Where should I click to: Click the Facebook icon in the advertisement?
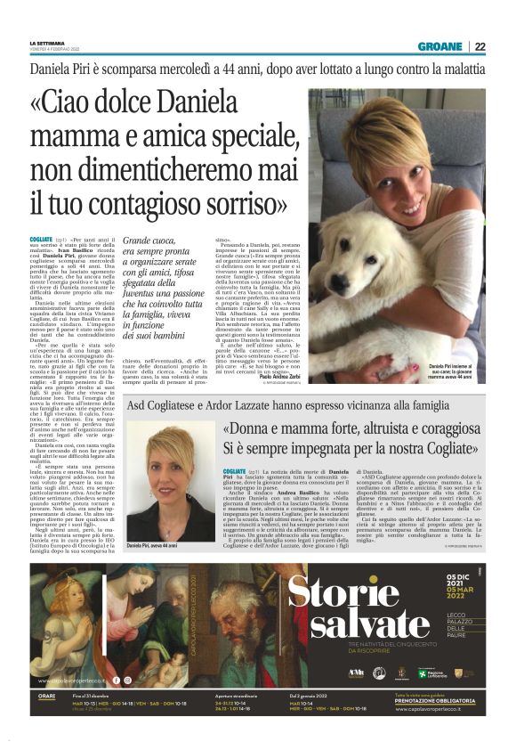(x=116, y=681)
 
